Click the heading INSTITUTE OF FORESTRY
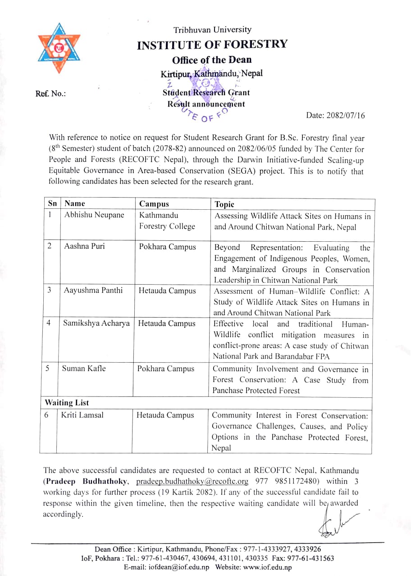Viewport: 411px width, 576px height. pos(212,44)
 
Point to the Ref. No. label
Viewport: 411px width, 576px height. pos(50,94)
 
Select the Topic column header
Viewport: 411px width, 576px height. pos(224,204)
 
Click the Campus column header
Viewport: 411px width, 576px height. pos(154,204)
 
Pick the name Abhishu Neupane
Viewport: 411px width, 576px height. pos(94,215)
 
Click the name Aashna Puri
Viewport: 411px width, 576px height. pos(85,247)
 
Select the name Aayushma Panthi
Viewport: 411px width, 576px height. pos(93,290)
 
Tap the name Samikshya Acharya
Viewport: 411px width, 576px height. pos(96,323)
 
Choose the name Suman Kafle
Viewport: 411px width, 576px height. pos(84,369)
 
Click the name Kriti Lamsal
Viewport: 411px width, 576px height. pos(82,415)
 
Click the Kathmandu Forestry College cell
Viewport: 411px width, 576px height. pos(167,221)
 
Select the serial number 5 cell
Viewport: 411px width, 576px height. pos(47,368)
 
